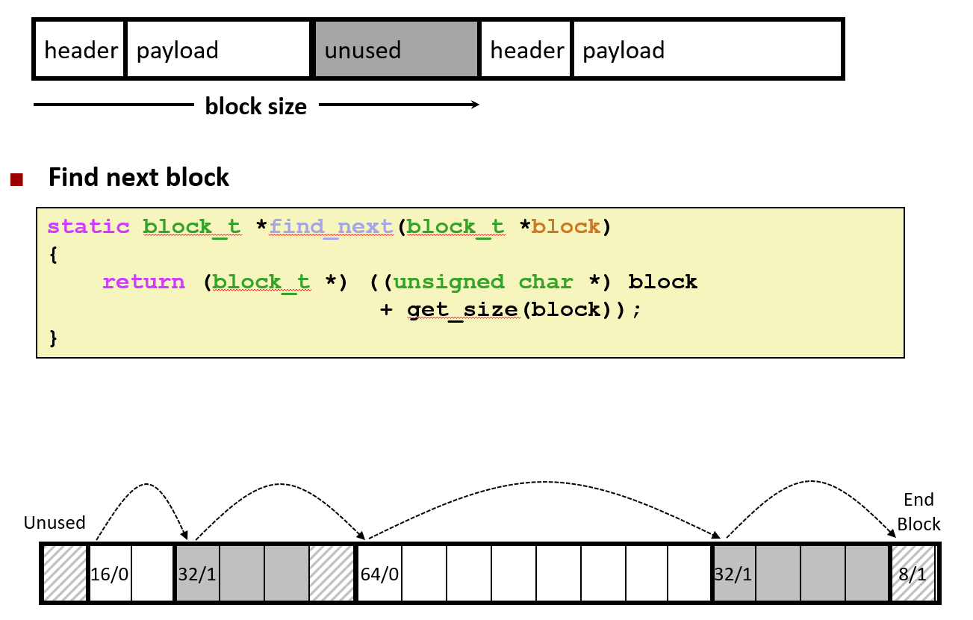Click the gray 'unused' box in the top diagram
(396, 50)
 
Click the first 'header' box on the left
(80, 50)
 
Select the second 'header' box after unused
(526, 50)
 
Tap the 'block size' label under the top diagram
(255, 106)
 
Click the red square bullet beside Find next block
(17, 179)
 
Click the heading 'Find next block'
(139, 178)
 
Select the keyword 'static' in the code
(88, 226)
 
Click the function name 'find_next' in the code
(332, 226)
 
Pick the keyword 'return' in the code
(143, 282)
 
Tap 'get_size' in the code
(462, 309)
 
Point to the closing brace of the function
(53, 338)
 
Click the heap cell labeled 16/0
(110, 574)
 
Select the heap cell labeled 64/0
(379, 574)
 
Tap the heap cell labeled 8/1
(913, 574)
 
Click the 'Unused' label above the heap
(55, 522)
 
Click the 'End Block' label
(918, 512)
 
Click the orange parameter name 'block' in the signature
(565, 226)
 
